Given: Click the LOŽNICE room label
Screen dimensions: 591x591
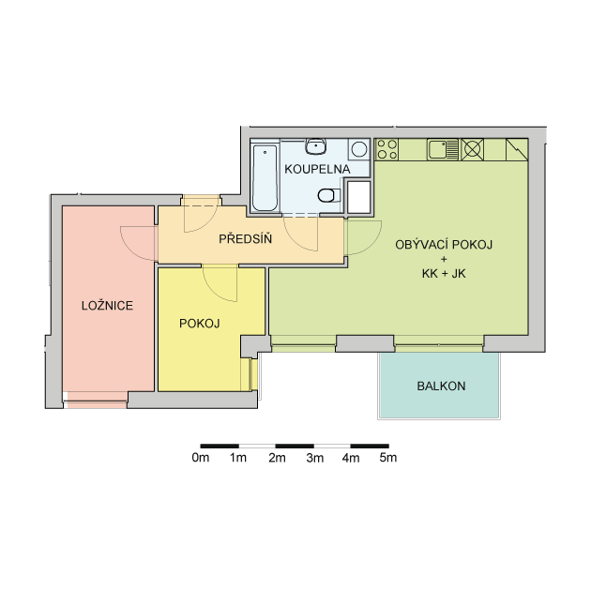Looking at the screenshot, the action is click(108, 305).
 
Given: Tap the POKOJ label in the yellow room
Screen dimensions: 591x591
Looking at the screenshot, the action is click(200, 324).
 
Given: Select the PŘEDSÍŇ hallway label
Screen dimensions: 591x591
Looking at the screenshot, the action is click(246, 239).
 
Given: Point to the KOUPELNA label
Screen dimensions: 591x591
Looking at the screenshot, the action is click(317, 169).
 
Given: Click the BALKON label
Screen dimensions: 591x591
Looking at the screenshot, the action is click(441, 386).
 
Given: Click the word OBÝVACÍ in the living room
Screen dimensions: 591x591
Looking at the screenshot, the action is click(422, 245).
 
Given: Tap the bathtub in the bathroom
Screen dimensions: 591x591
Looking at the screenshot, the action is click(265, 177).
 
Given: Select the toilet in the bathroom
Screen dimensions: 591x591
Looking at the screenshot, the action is click(329, 196).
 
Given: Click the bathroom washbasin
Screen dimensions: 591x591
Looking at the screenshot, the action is click(316, 146).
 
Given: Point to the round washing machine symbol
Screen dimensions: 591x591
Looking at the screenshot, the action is click(359, 149).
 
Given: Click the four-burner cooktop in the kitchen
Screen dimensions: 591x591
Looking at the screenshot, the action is click(387, 149).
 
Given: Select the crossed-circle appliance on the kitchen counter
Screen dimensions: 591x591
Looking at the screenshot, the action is click(472, 149).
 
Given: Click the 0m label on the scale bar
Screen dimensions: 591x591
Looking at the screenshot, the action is click(201, 458).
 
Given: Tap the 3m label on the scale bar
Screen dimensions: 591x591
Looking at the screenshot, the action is click(314, 458).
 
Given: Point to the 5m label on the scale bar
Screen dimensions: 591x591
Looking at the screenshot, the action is click(388, 458).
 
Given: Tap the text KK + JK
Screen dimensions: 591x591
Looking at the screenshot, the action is click(444, 273).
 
